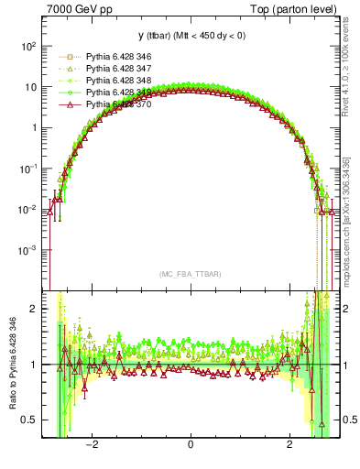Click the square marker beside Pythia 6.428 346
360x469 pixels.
[68, 58]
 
